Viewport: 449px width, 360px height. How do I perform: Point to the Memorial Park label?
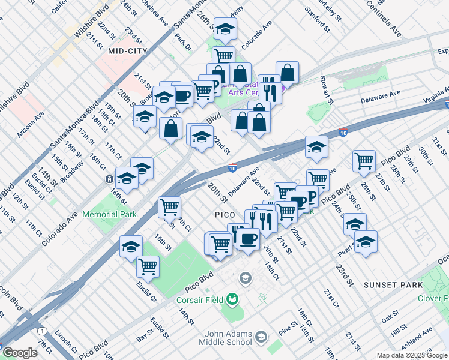pyautogui.click(x=109, y=214)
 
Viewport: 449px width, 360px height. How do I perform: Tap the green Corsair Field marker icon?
pyautogui.click(x=232, y=299)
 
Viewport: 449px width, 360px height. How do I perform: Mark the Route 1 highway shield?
pyautogui.click(x=41, y=331)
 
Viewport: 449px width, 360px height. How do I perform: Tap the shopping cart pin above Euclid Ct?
pyautogui.click(x=148, y=266)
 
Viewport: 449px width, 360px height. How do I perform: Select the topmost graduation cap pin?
pyautogui.click(x=225, y=28)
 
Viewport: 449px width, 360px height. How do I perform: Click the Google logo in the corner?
pyautogui.click(x=20, y=353)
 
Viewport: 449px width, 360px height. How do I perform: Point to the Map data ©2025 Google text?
pyautogui.click(x=411, y=355)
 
